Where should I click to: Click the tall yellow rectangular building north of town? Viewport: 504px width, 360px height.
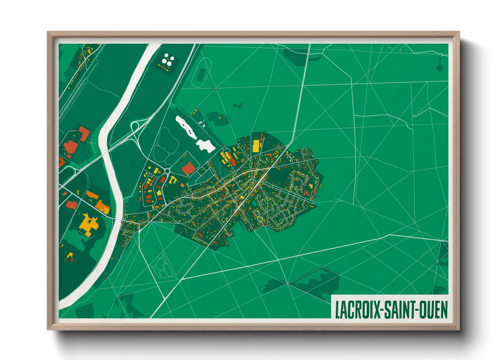pyautogui.click(x=255, y=146)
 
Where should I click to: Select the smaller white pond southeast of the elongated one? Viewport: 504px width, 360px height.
pyautogui.click(x=206, y=145)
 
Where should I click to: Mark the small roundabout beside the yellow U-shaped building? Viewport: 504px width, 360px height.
pyautogui.click(x=167, y=171)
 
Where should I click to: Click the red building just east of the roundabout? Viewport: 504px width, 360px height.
pyautogui.click(x=188, y=168)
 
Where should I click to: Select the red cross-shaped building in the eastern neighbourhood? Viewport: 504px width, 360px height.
pyautogui.click(x=306, y=193)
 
